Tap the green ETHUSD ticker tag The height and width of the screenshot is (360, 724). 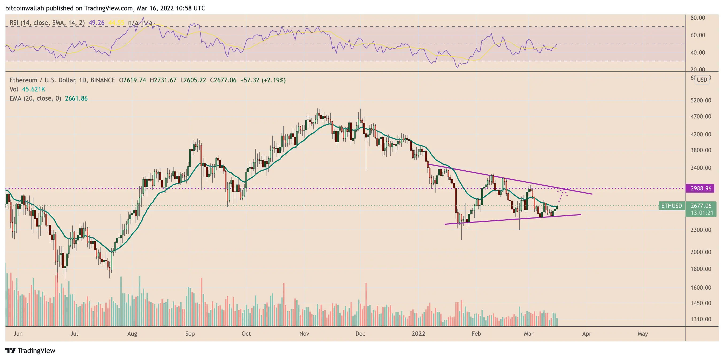[x=671, y=206]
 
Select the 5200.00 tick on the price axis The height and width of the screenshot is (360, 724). [x=701, y=100]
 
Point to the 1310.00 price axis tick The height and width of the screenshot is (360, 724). [x=701, y=319]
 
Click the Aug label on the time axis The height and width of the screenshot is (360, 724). [x=132, y=334]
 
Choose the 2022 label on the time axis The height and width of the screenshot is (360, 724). [x=418, y=334]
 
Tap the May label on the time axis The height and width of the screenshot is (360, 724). [x=642, y=334]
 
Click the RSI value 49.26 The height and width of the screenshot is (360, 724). [x=97, y=22]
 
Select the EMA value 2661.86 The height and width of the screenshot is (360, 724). [x=76, y=98]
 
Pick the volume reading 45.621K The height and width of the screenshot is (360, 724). [x=33, y=89]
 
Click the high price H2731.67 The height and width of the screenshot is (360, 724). [x=163, y=80]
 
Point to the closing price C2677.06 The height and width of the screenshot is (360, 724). [x=223, y=80]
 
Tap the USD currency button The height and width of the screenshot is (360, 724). [x=702, y=80]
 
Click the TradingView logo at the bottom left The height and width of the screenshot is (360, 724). [x=30, y=350]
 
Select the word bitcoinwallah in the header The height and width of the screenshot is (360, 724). [x=24, y=8]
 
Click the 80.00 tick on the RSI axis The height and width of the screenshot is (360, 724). [x=698, y=18]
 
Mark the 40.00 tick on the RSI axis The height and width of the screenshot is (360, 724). [x=698, y=53]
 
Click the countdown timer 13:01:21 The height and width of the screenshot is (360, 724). [x=702, y=213]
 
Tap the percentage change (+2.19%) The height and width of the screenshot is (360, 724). [x=274, y=80]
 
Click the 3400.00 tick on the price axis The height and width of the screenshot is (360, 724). [x=701, y=168]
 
